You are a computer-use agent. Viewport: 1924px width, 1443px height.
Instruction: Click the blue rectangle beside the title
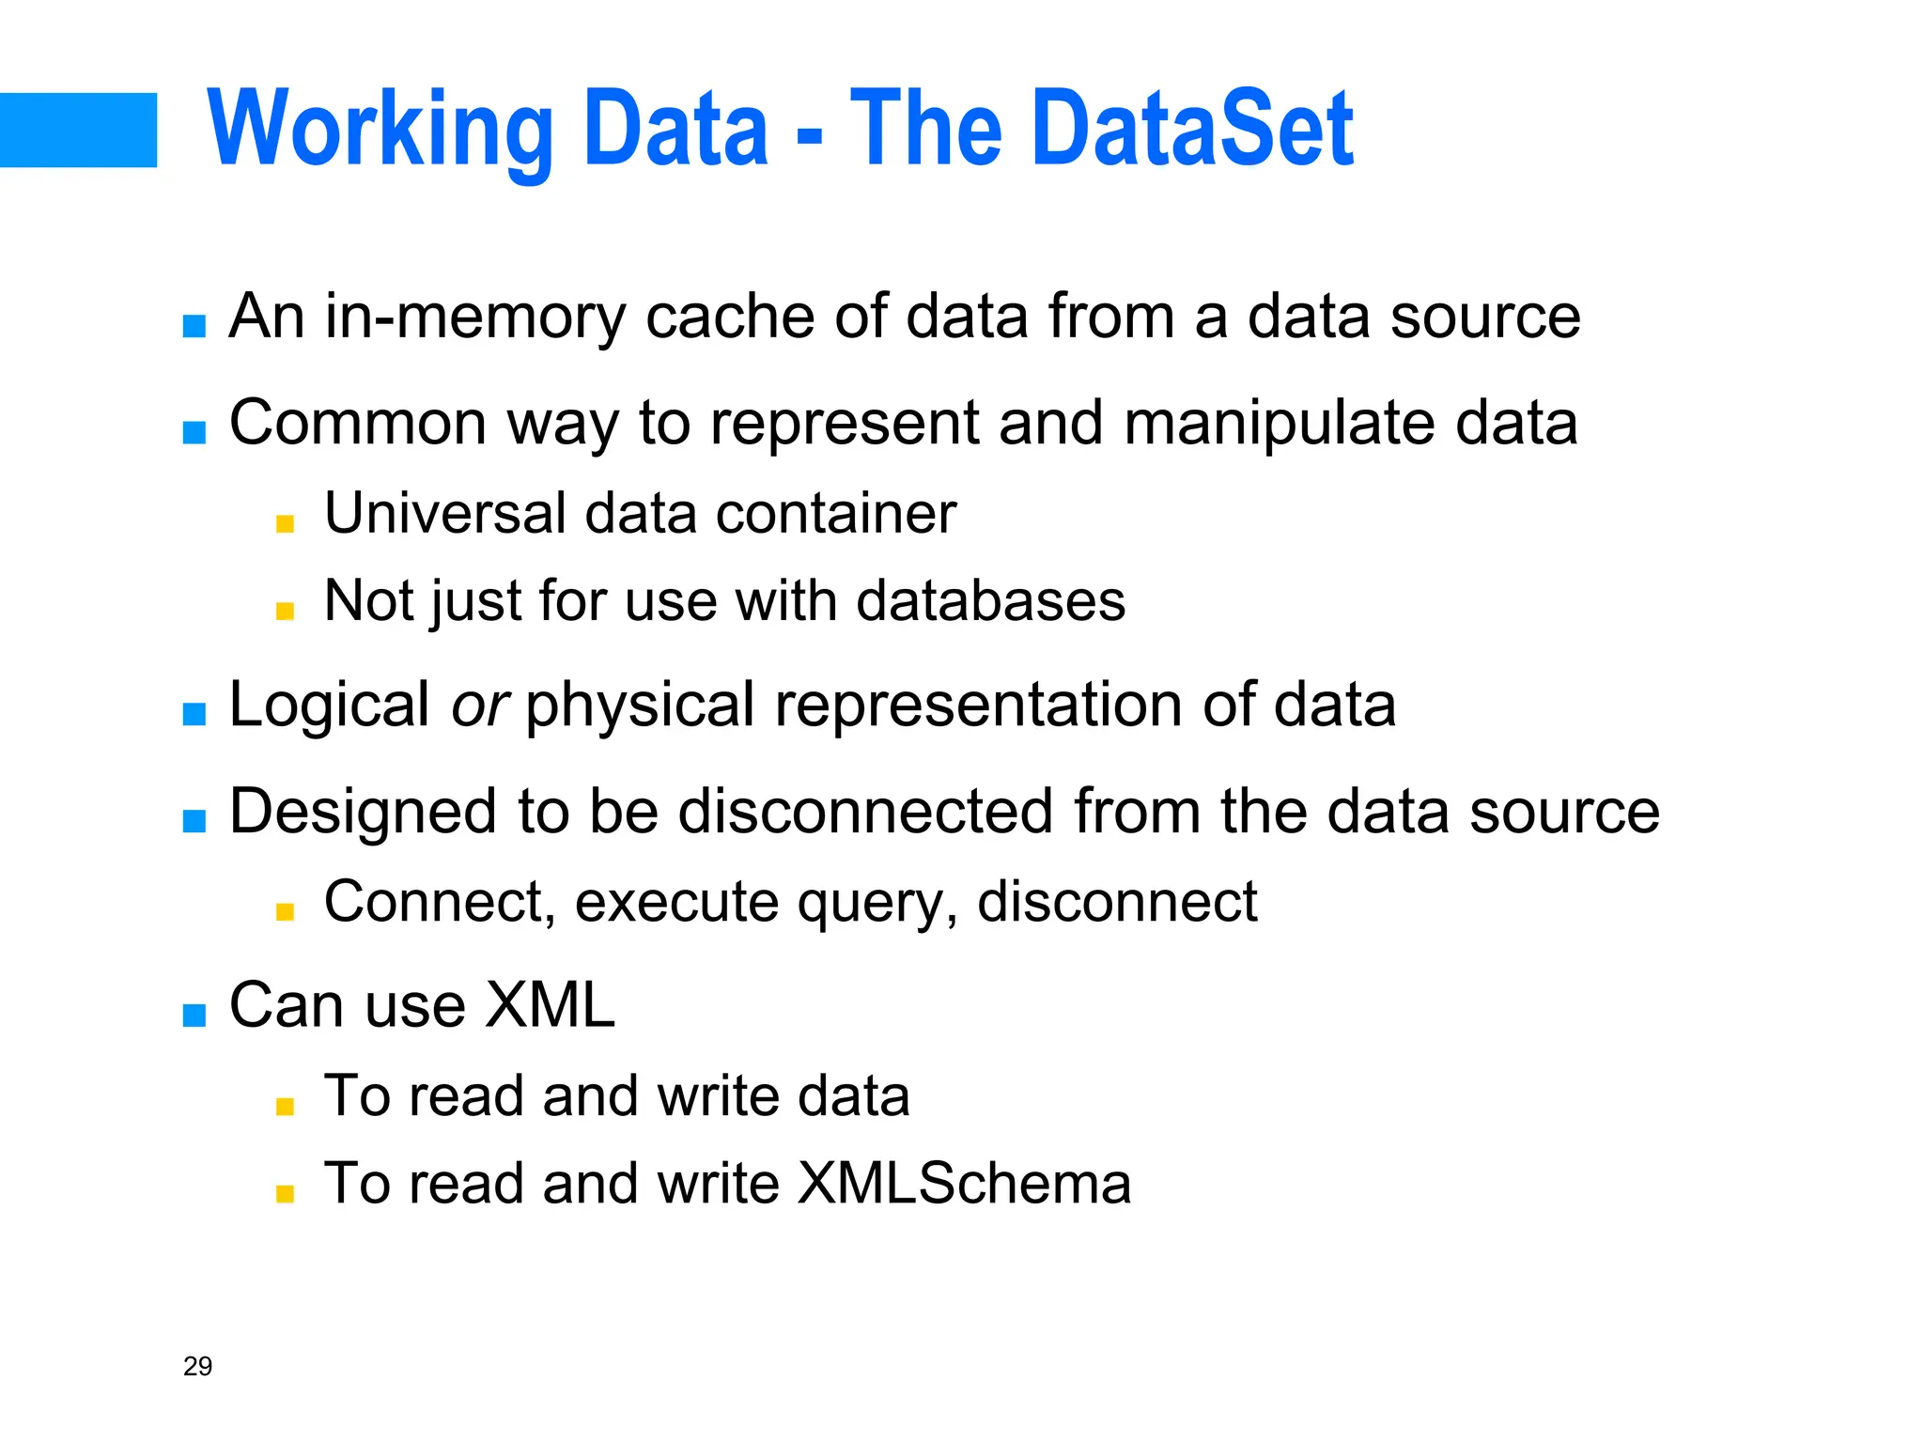78,130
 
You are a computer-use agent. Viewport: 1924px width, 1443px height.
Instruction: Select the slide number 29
197,1366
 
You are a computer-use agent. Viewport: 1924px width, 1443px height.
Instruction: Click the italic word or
479,706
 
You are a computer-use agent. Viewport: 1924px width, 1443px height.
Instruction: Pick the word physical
639,706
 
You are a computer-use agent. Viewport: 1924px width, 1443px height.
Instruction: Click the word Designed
362,813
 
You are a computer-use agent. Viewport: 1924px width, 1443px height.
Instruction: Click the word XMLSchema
964,1183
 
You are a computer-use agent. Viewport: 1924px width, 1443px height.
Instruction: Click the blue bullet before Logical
194,714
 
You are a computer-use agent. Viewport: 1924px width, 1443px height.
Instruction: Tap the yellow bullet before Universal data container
286,523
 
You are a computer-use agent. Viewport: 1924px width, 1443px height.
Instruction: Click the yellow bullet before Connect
286,911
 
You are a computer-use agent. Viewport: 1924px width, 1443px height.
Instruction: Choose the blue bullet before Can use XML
194,1015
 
